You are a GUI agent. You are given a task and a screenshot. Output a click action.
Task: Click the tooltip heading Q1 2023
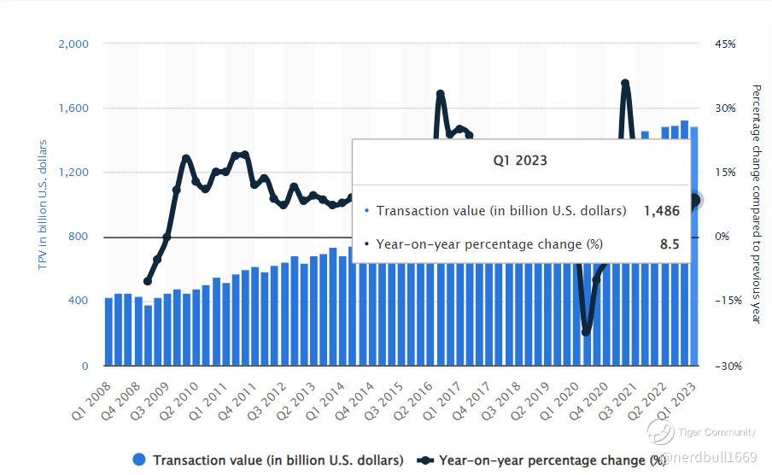[x=520, y=160]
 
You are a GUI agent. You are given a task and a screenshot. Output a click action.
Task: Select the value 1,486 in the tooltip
[x=662, y=210]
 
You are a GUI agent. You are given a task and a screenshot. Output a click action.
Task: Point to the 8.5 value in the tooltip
[x=670, y=244]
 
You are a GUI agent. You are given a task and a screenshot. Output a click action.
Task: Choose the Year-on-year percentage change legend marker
[x=424, y=460]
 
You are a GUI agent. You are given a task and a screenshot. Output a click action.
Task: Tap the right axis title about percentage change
[x=756, y=203]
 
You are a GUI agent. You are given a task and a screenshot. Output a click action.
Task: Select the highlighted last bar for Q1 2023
[x=694, y=248]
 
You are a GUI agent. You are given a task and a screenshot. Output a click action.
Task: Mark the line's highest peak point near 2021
[x=625, y=84]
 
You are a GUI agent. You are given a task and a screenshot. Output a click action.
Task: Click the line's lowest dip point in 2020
[x=586, y=331]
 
